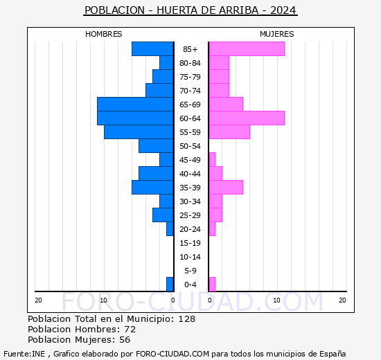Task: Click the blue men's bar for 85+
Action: (152, 49)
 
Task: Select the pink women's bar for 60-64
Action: (247, 118)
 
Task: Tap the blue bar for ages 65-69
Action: (135, 105)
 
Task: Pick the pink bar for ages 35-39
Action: (226, 188)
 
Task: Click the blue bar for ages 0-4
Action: (170, 285)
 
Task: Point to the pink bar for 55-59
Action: (229, 132)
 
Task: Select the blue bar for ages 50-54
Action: (156, 146)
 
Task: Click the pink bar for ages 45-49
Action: (212, 160)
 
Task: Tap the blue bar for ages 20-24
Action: (170, 229)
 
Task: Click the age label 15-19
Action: (190, 243)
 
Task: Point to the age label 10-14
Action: (190, 257)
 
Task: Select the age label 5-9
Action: (190, 271)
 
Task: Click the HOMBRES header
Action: (104, 34)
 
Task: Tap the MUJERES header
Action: (277, 34)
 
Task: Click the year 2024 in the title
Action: (283, 10)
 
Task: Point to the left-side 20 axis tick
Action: (39, 300)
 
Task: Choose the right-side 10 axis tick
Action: (277, 300)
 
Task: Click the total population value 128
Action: (186, 319)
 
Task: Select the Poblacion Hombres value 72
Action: (130, 330)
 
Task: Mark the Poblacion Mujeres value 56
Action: (125, 340)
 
